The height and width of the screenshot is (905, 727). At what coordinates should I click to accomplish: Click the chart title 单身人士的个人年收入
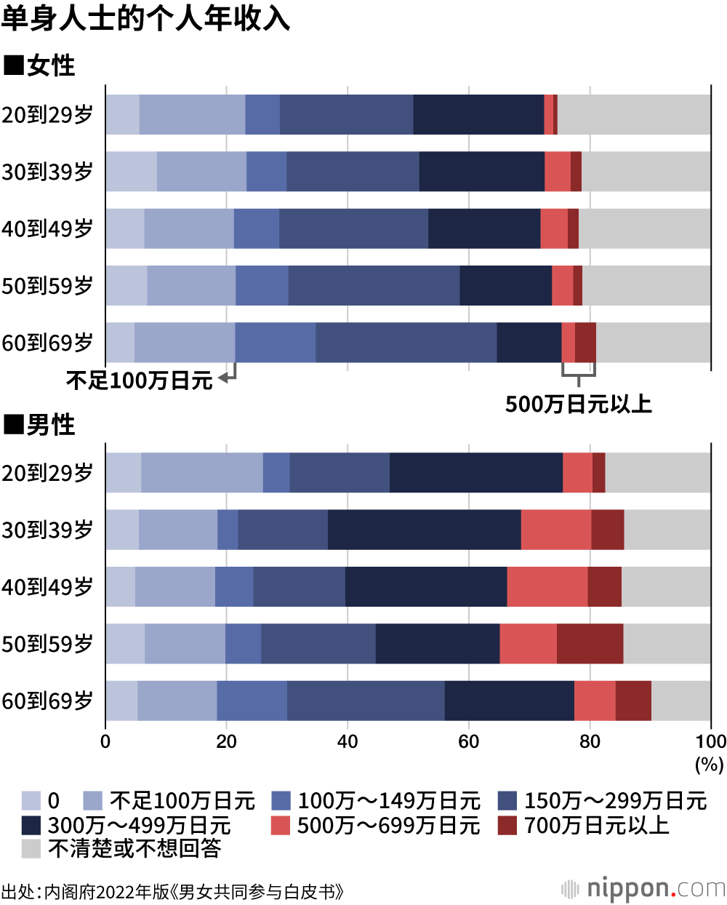tap(145, 17)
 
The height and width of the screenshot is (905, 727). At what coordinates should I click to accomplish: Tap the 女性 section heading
tap(41, 65)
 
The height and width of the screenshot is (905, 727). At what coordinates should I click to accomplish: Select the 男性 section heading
tap(41, 425)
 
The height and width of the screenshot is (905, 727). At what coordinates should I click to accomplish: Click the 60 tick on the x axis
tap(468, 741)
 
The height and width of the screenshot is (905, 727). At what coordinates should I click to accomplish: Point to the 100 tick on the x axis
tap(710, 741)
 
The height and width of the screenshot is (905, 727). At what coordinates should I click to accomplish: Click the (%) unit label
tap(710, 764)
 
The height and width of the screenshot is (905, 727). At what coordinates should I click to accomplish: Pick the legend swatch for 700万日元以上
tap(507, 825)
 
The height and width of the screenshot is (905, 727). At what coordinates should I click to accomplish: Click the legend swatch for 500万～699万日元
tap(281, 825)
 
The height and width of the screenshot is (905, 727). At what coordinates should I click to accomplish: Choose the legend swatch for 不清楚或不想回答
tap(31, 848)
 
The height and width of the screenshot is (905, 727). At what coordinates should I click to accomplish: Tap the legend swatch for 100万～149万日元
tap(281, 801)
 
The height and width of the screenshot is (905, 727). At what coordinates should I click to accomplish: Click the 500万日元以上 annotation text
tap(579, 404)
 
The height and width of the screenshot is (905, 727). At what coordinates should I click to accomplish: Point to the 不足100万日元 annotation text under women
tap(140, 380)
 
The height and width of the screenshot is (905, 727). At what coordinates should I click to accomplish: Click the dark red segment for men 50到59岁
tap(590, 644)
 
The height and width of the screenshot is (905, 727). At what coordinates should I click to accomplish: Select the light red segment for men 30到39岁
tap(556, 530)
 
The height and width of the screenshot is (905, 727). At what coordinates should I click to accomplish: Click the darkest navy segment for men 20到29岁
tap(476, 473)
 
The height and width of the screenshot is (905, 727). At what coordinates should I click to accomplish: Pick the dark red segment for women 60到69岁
tap(585, 343)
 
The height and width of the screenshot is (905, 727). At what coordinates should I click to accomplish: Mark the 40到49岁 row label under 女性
tap(48, 228)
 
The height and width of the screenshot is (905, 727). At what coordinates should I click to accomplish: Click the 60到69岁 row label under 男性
tap(48, 701)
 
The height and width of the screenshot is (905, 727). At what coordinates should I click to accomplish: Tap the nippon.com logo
tap(643, 888)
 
